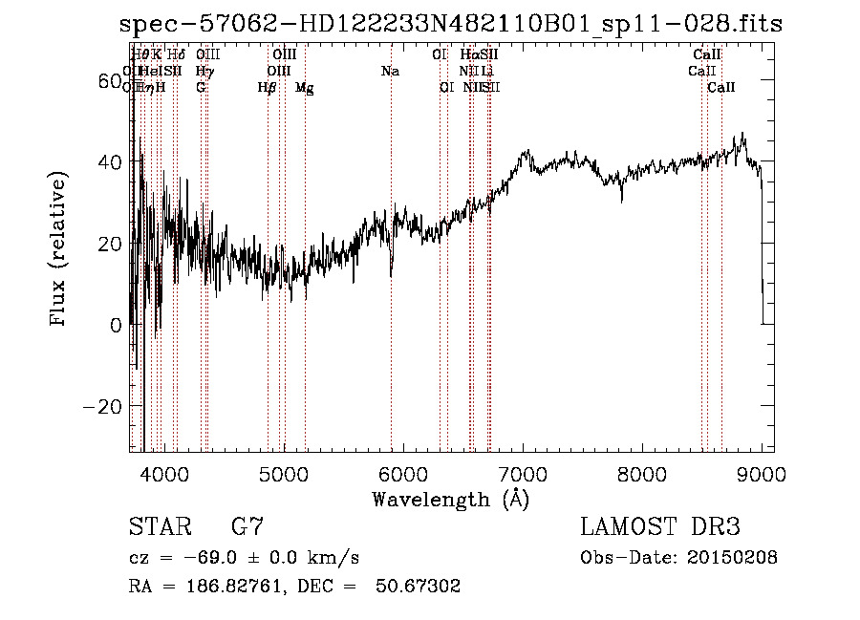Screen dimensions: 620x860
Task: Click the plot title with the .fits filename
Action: click(x=450, y=24)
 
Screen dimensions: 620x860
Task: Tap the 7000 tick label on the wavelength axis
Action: click(x=522, y=473)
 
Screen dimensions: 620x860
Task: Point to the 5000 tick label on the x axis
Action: click(x=283, y=473)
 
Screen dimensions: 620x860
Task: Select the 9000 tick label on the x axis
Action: click(x=762, y=473)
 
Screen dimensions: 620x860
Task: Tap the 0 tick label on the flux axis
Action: click(x=115, y=325)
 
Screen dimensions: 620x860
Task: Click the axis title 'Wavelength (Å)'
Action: click(x=450, y=499)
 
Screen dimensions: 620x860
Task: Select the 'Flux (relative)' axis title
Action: click(x=59, y=250)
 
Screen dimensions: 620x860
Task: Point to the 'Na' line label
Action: click(x=390, y=71)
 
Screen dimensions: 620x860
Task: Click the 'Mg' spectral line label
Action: click(x=305, y=88)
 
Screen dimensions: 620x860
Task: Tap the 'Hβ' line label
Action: click(x=267, y=88)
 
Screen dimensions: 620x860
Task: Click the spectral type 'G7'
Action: click(x=247, y=527)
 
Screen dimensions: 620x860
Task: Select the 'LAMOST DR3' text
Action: click(x=659, y=527)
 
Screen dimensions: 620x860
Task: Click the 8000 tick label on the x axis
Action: click(x=641, y=473)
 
